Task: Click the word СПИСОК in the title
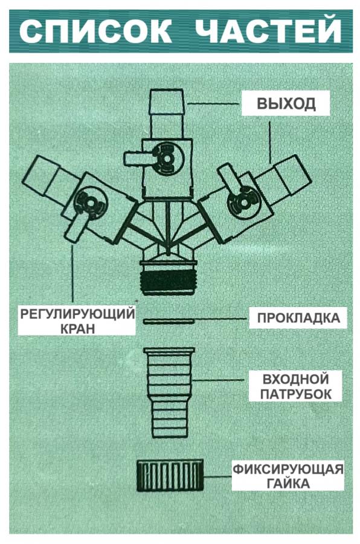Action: click(x=95, y=31)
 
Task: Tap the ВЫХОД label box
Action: click(x=286, y=103)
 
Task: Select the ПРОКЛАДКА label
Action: click(x=298, y=318)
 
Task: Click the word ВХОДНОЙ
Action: click(x=295, y=378)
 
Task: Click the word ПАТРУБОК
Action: click(x=296, y=394)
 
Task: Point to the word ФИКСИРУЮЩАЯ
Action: click(x=288, y=470)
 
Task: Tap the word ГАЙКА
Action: click(x=289, y=484)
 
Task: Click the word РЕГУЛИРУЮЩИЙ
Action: click(x=77, y=314)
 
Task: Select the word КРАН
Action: click(x=78, y=328)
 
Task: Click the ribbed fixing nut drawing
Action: click(x=170, y=476)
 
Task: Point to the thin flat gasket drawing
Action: click(x=169, y=322)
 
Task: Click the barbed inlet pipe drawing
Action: click(x=169, y=393)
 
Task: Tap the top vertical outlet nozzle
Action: click(x=167, y=114)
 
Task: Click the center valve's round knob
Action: click(x=167, y=158)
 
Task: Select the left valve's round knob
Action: click(x=91, y=203)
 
